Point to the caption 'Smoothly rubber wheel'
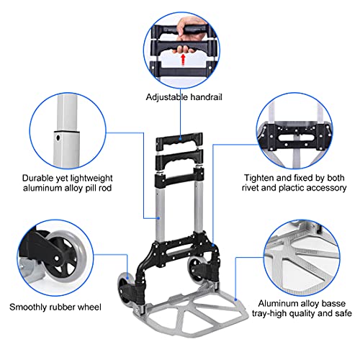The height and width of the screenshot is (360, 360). click(55, 307)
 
